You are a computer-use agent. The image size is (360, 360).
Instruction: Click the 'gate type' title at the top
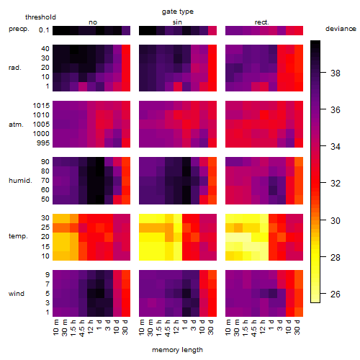click(x=178, y=12)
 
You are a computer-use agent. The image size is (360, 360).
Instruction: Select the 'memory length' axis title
click(x=178, y=350)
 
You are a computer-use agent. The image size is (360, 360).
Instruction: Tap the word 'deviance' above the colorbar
click(x=341, y=29)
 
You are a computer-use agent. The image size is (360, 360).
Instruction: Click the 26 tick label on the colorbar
click(x=336, y=294)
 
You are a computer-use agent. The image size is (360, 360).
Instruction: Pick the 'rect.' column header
click(x=261, y=22)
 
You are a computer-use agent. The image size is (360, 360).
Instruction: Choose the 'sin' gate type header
click(x=177, y=22)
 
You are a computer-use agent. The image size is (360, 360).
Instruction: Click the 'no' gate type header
click(x=93, y=22)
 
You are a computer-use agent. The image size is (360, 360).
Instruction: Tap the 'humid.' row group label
click(x=20, y=181)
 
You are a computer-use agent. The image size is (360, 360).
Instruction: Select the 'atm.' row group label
click(x=16, y=125)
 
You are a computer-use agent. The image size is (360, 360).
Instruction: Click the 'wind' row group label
click(x=17, y=294)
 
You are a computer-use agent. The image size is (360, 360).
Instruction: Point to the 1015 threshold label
click(x=41, y=106)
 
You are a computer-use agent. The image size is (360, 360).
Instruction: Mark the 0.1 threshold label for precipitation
click(x=44, y=30)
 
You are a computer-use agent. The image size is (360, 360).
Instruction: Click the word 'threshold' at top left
click(x=40, y=17)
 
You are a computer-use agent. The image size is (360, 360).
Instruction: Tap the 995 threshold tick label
click(x=43, y=143)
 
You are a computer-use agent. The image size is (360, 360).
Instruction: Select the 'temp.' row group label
click(x=18, y=236)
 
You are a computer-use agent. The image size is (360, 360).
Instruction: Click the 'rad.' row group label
click(x=15, y=68)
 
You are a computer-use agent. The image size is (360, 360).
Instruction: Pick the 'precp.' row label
click(x=19, y=30)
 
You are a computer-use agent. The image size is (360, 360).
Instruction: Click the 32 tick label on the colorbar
click(x=336, y=184)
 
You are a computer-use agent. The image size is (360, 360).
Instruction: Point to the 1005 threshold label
click(x=41, y=125)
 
